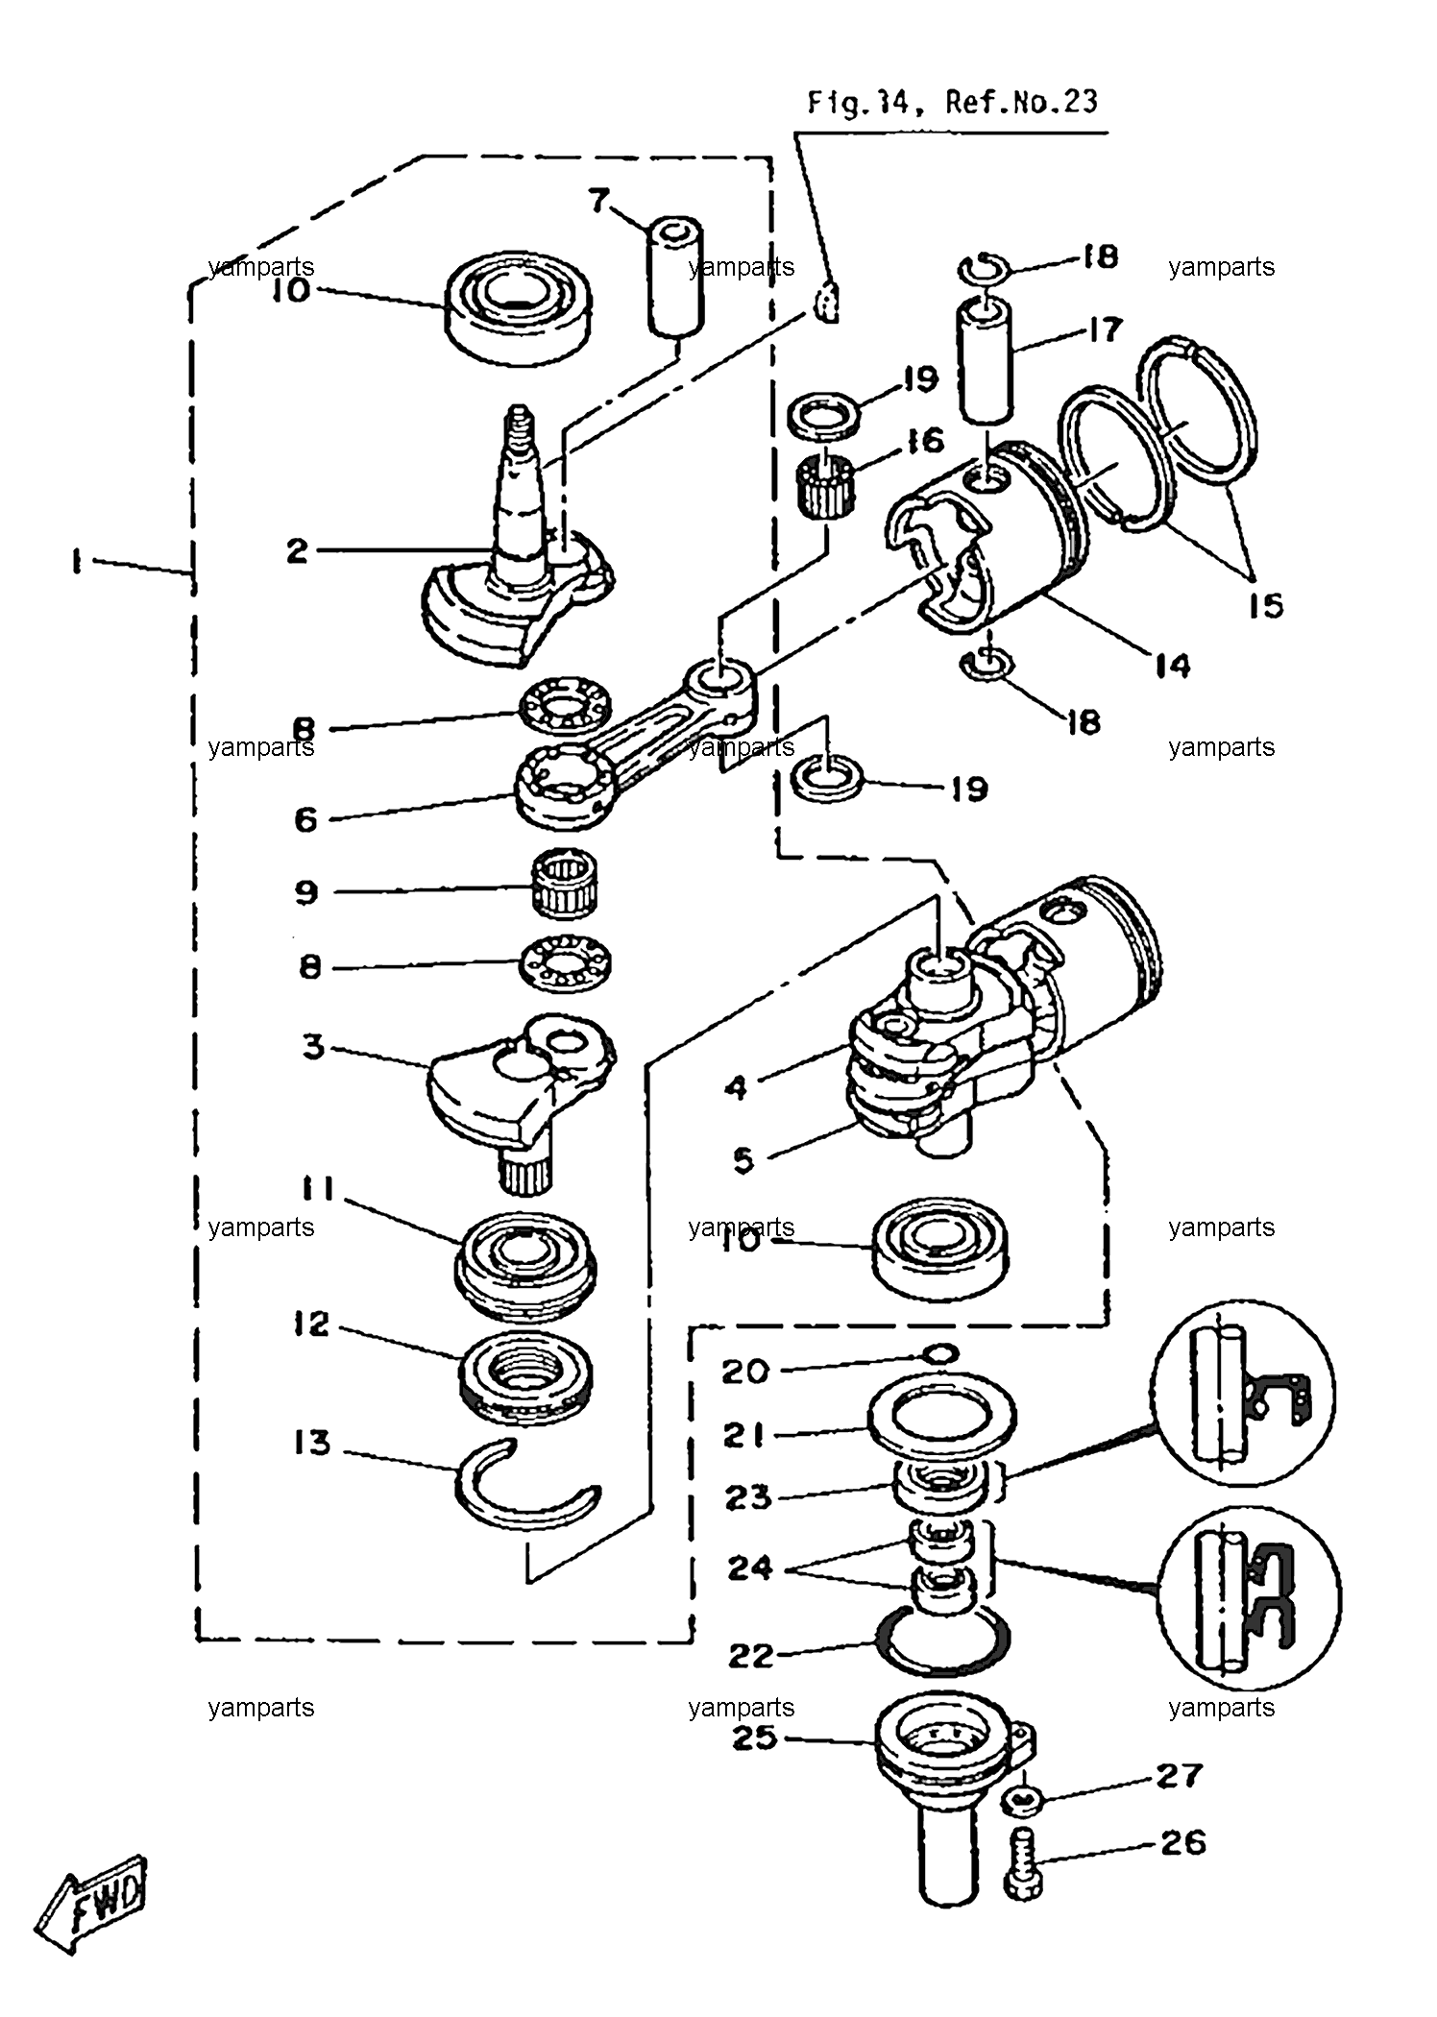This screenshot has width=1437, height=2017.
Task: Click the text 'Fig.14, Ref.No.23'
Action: click(x=951, y=103)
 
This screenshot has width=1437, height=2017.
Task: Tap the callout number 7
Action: click(x=598, y=201)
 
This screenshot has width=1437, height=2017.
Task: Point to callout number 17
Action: click(x=1105, y=329)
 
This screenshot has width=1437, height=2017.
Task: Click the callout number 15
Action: click(x=1265, y=605)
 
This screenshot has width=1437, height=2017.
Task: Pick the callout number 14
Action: click(x=1172, y=666)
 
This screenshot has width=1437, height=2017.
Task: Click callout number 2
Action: click(x=297, y=551)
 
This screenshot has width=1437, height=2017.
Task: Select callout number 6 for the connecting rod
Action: click(x=305, y=819)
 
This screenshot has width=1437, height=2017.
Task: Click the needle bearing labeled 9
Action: click(x=566, y=887)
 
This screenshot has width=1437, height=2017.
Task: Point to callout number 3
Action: click(x=313, y=1046)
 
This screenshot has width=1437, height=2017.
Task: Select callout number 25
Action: click(x=754, y=1738)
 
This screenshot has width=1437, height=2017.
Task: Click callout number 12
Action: click(x=312, y=1325)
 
